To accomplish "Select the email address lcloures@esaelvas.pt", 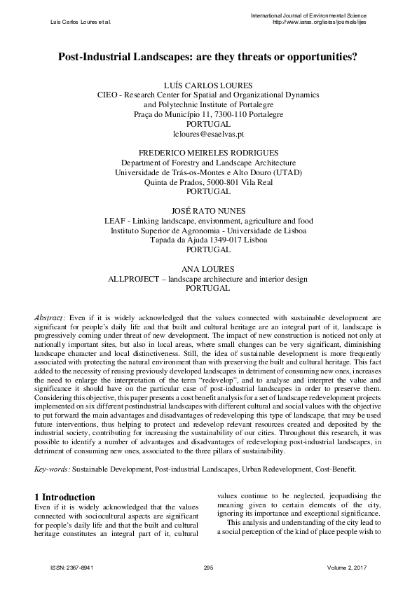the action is click(x=208, y=133).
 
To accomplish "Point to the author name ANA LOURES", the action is click(x=208, y=268).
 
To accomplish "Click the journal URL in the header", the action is click(x=318, y=22).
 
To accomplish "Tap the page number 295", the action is click(x=207, y=567).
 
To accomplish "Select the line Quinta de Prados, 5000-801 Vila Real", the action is click(x=208, y=181).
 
